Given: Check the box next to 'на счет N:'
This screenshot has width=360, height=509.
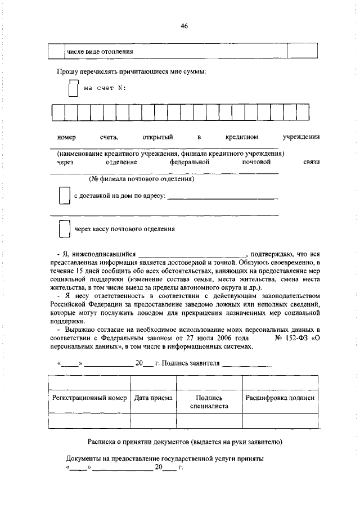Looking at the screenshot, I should pos(73,89).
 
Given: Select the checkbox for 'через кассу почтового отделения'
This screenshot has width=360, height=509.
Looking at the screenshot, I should pos(64,229).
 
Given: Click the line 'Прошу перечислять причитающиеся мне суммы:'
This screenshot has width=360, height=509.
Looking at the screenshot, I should pos(131,72).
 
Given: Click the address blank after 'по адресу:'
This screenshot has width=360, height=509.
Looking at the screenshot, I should pos(223,197).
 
